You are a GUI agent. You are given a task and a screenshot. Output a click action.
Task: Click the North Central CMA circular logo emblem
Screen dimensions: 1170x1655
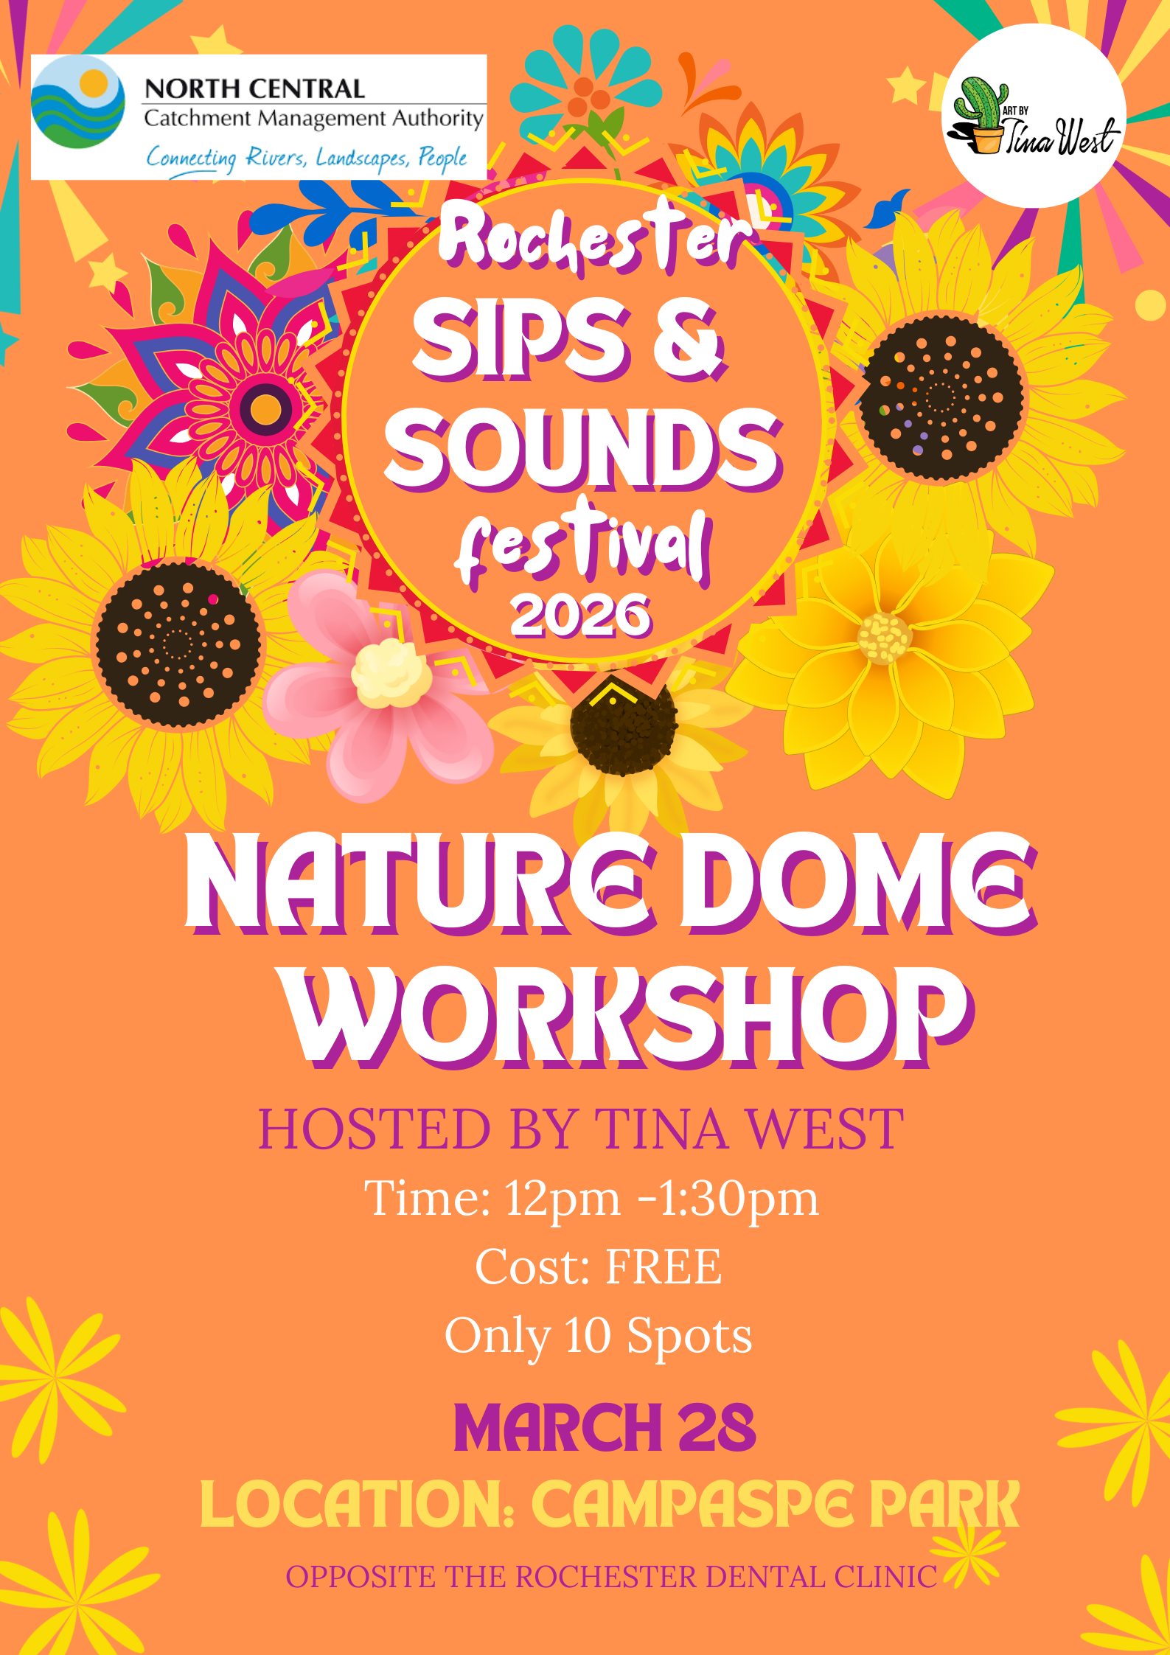[x=78, y=102]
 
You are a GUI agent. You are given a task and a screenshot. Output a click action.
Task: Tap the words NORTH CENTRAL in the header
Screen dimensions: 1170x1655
[x=254, y=88]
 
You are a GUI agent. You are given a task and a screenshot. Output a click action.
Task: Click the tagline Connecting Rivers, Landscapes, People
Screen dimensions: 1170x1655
[x=306, y=158]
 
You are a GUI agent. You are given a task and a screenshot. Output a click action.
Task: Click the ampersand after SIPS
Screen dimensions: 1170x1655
[x=687, y=340]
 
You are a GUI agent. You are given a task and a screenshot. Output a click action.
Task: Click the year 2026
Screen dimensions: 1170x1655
[x=581, y=615]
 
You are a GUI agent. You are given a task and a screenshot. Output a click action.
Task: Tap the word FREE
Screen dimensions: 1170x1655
[x=664, y=1266]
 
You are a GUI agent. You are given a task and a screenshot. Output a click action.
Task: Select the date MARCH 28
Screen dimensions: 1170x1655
[x=605, y=1428]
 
